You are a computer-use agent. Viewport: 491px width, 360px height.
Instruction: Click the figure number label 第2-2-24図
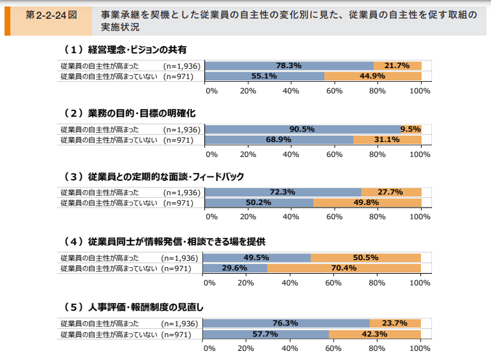tap(50, 14)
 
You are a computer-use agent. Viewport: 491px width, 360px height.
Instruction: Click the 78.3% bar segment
tap(289, 66)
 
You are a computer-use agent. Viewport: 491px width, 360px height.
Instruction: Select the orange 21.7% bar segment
tap(397, 66)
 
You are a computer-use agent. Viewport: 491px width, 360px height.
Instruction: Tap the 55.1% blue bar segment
tap(265, 76)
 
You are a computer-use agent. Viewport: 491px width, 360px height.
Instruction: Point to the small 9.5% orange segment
tap(411, 129)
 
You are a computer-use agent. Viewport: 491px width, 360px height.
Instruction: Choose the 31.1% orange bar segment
tap(387, 139)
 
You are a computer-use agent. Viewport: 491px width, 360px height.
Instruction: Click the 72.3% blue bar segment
tap(283, 192)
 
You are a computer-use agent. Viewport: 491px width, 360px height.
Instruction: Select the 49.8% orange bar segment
tap(367, 202)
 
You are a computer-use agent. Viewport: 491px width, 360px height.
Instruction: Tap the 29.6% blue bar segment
tap(235, 268)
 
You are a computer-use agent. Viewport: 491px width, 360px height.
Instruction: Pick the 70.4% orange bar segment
tap(344, 268)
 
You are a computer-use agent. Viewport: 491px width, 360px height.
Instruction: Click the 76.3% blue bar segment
tap(286, 323)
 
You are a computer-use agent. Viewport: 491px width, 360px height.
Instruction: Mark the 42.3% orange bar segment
tap(375, 334)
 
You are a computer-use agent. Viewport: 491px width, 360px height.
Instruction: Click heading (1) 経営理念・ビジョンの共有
tap(125, 49)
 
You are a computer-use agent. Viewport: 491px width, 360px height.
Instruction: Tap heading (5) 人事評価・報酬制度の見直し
tap(134, 306)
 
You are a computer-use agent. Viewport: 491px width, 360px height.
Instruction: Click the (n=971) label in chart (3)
tap(178, 202)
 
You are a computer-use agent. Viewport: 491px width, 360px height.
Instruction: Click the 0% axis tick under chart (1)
tap(211, 91)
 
